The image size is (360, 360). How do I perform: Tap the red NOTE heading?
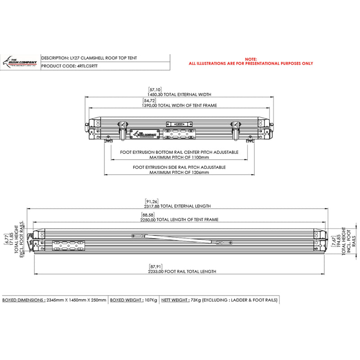point(251,59)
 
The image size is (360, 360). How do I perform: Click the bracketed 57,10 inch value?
point(155,90)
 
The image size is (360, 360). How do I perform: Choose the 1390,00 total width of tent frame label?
point(179,105)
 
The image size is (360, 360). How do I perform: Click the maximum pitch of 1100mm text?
point(179,157)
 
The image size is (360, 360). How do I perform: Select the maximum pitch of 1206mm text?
point(179,172)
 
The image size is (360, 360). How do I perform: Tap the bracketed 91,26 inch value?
point(152,201)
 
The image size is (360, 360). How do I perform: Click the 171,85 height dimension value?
point(12,242)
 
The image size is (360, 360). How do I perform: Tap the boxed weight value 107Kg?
point(150,300)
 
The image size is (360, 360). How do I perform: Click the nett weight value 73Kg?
point(195,300)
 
